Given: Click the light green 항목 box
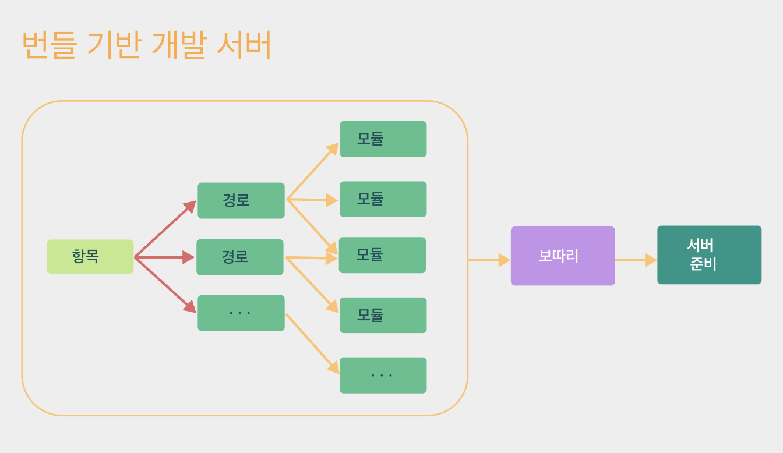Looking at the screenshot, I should click(x=90, y=256).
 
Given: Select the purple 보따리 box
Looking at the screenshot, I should click(x=563, y=256).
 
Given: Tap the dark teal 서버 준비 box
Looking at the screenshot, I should click(x=709, y=255).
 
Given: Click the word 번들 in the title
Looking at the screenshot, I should click(x=49, y=45).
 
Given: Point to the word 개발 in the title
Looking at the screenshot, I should click(x=179, y=45).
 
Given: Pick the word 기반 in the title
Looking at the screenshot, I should click(x=114, y=45).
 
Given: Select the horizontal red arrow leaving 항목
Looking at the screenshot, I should click(x=163, y=257).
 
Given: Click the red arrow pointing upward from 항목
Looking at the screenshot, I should click(x=164, y=229).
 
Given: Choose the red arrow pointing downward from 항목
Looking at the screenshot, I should click(x=164, y=285).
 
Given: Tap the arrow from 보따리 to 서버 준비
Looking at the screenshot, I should click(x=636, y=260).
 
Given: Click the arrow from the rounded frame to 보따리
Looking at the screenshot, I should click(x=489, y=260).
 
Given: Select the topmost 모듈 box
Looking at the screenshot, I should click(x=383, y=139).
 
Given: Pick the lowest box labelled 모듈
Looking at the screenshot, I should click(x=383, y=315).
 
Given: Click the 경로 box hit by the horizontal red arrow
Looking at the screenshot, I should click(x=239, y=257).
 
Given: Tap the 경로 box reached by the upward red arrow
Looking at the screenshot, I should click(x=241, y=200).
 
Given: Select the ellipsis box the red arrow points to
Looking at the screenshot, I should click(x=241, y=313).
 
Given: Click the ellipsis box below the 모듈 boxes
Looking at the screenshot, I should click(x=383, y=375).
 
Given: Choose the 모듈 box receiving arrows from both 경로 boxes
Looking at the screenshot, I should click(x=382, y=255).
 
